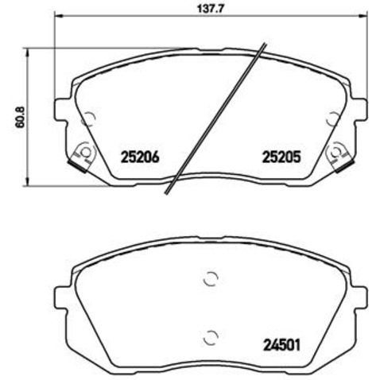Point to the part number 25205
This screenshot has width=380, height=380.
pyautogui.click(x=281, y=157)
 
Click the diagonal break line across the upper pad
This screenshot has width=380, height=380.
pyautogui.click(x=215, y=119)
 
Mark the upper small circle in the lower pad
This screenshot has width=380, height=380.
pyautogui.click(x=210, y=279)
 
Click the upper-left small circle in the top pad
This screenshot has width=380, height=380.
pyautogui.click(x=88, y=119)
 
